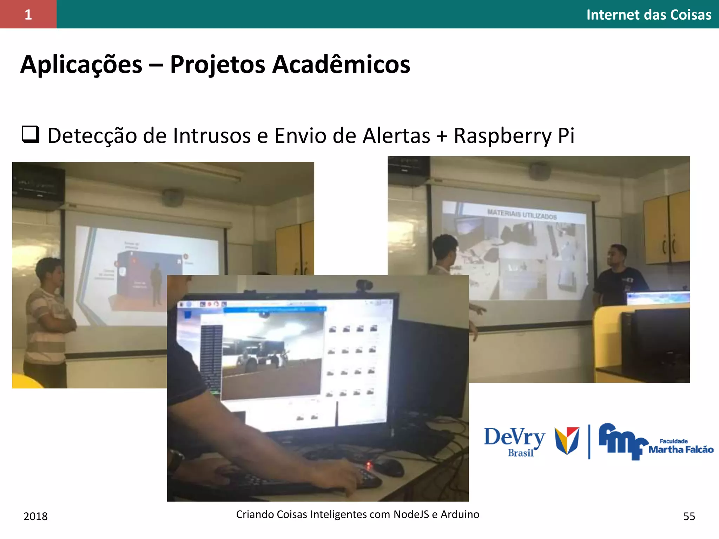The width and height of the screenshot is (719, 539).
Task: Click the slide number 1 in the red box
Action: (28, 15)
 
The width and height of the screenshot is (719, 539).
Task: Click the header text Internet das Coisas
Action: (648, 15)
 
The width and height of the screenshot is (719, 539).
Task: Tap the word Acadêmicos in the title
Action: (341, 65)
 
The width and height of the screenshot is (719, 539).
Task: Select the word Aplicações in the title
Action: (81, 65)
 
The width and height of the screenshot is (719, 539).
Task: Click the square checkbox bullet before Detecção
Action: (31, 134)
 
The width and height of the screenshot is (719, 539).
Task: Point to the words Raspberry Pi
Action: (514, 135)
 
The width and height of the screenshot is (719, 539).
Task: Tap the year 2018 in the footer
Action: (35, 516)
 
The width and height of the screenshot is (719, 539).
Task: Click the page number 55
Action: (689, 516)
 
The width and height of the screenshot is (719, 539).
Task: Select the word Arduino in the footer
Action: (460, 514)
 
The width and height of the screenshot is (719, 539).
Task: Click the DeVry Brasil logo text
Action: (514, 440)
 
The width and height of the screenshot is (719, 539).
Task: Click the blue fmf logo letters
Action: (621, 440)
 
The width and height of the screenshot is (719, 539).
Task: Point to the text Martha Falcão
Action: (680, 450)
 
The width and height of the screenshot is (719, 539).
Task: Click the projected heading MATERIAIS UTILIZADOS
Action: (522, 214)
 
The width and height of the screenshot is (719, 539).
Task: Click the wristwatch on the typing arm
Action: (175, 460)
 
